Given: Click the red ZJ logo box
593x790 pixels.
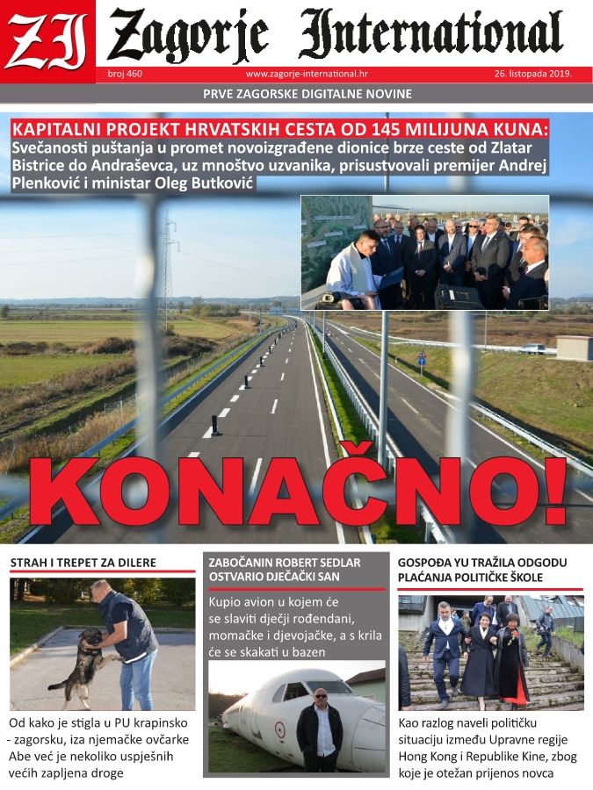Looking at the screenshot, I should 47,39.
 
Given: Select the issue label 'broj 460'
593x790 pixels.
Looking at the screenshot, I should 124,75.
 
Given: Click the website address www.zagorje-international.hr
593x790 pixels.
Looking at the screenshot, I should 307,75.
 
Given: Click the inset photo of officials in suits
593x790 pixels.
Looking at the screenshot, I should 424,253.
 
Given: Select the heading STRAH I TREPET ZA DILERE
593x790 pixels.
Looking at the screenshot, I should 83,562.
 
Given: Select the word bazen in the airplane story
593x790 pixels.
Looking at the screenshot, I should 304,652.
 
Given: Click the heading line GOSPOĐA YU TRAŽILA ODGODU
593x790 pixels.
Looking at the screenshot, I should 482,562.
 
